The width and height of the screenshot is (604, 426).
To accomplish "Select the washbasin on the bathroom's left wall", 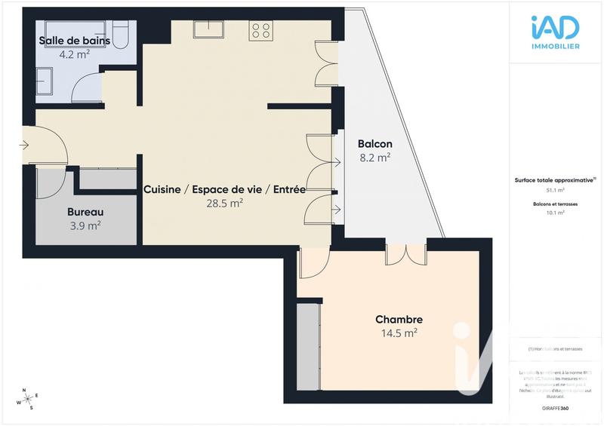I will (42, 78).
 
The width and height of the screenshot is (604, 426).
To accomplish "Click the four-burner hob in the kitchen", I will (261, 30).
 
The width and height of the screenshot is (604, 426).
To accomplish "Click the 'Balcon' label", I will (374, 144).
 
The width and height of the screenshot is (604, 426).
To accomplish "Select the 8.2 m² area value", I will (374, 158).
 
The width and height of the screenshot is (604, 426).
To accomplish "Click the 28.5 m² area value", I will (224, 203).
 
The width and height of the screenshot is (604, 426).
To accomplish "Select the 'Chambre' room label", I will (399, 319).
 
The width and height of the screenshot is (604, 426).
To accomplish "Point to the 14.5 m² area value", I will (399, 333).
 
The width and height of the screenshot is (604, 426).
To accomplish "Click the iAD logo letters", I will (555, 29).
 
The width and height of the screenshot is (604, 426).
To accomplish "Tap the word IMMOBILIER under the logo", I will (555, 47).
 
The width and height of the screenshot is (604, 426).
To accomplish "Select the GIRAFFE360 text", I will (555, 408).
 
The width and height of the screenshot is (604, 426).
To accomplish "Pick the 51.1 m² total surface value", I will (555, 191).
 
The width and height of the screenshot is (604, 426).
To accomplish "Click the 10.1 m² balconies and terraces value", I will (555, 213).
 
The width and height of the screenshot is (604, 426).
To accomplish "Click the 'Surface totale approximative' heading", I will (555, 180).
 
